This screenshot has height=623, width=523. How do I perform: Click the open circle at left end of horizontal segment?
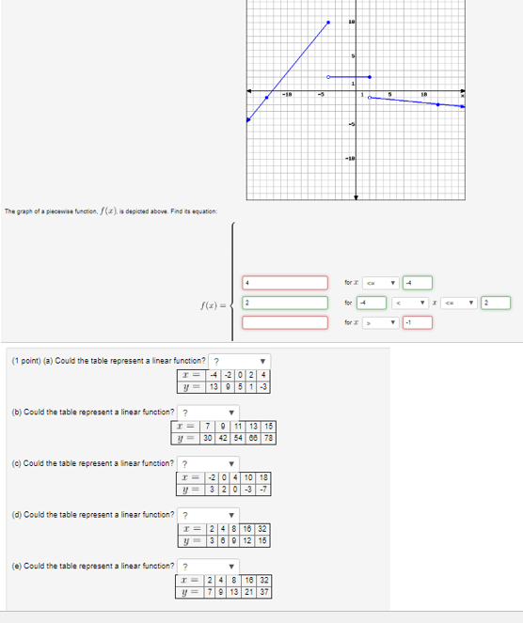click(328, 77)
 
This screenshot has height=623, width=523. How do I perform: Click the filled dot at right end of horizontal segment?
click(370, 77)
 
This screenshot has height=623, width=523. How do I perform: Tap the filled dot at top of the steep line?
click(328, 22)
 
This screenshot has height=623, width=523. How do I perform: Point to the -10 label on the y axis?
click(351, 159)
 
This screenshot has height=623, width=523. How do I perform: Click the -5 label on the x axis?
click(321, 95)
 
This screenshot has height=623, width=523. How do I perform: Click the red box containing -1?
click(417, 322)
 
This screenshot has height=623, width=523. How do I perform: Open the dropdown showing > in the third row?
click(380, 322)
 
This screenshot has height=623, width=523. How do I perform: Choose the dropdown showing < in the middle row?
click(423, 303)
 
